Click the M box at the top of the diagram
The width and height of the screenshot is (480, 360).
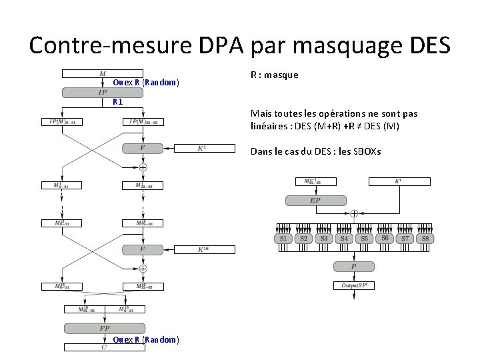(x=102, y=73)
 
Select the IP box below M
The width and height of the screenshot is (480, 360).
(x=102, y=92)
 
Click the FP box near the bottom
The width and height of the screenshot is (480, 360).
(x=104, y=328)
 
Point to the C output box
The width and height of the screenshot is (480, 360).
(x=103, y=347)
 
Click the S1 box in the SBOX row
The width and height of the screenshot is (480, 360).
(x=283, y=238)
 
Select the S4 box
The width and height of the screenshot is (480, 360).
(x=344, y=238)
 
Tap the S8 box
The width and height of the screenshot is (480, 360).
(x=425, y=238)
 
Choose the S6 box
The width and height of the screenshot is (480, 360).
(x=385, y=238)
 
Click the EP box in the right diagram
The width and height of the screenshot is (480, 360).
(x=315, y=200)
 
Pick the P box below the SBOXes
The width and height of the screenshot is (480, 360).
(x=354, y=267)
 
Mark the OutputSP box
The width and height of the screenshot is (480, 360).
(x=354, y=285)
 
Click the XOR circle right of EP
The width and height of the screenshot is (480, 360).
(x=354, y=213)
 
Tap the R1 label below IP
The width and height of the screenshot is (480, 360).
(x=117, y=102)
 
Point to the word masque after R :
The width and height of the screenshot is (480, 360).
(x=281, y=75)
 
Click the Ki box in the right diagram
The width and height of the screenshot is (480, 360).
(x=398, y=181)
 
